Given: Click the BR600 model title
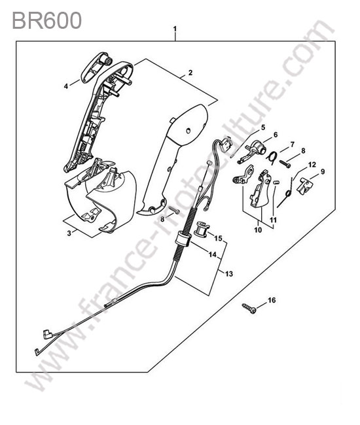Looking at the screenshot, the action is tap(46, 21).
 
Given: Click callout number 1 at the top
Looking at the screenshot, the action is tap(175, 29).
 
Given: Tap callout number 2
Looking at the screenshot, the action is tap(190, 73).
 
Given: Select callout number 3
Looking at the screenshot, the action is tap(69, 233).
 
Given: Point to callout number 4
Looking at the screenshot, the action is tap(65, 86).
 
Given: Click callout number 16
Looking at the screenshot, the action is tap(272, 300).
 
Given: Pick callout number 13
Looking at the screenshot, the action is tap(229, 274).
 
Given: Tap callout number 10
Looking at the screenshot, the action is tap(258, 230).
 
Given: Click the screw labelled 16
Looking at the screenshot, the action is tap(249, 309).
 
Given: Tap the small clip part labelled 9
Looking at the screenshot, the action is tap(304, 186).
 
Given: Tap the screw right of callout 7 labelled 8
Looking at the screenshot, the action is tap(285, 163).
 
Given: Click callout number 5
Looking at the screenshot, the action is tap(262, 127).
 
